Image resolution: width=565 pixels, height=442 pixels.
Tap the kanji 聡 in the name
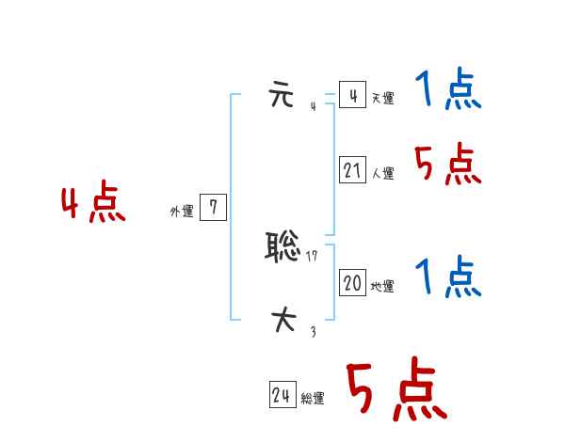click(283, 247)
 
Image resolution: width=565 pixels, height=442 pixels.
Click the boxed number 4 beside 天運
click(352, 96)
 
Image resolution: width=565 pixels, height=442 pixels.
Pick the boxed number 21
click(352, 170)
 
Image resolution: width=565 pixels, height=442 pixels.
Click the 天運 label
click(382, 99)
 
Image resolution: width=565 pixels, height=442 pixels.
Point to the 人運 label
click(382, 174)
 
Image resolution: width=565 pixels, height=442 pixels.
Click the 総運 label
click(313, 400)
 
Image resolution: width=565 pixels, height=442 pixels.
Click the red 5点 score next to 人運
click(448, 166)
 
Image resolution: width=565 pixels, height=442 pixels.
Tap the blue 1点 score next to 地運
click(448, 278)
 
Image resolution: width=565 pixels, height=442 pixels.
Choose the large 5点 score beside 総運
click(395, 391)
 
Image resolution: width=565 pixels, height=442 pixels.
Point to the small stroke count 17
click(312, 257)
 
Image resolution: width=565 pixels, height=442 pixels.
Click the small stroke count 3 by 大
click(313, 330)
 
